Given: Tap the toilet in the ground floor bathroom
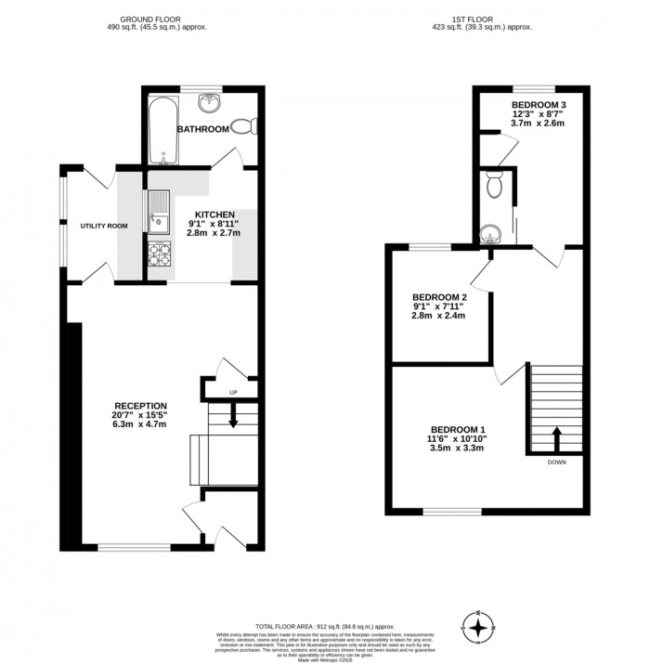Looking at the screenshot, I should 244,126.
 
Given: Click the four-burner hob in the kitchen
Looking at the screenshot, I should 159,253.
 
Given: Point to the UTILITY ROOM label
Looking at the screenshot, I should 103,226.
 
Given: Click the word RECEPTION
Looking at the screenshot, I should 140,405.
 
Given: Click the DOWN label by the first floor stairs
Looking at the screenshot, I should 556,461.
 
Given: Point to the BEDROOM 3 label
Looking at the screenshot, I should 539,104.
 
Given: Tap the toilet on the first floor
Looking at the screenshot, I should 496,187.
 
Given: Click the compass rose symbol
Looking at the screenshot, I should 479,629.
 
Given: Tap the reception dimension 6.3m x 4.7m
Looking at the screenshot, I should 140,425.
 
